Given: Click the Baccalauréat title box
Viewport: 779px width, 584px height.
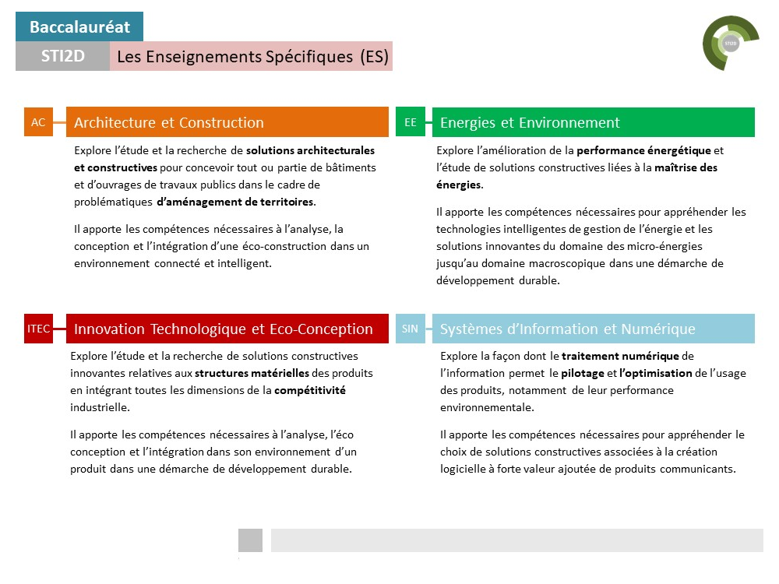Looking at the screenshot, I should pos(79,27).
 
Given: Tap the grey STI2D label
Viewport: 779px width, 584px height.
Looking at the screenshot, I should pos(62,56).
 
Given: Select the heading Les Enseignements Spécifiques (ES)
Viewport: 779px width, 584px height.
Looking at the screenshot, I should pos(251,56).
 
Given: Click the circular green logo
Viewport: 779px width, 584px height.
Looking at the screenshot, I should pos(731,44).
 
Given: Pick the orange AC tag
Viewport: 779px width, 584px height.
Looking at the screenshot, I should pos(38,122).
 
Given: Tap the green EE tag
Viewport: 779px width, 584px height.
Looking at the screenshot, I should pos(411,122).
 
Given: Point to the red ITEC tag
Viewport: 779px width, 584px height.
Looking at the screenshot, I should pos(38,329).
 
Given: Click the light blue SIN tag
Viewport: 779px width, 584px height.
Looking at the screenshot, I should pos(410,329).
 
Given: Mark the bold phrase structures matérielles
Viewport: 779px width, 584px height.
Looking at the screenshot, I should pos(252,372).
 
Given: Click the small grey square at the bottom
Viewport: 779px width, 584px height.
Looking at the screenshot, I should pos(250,540).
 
